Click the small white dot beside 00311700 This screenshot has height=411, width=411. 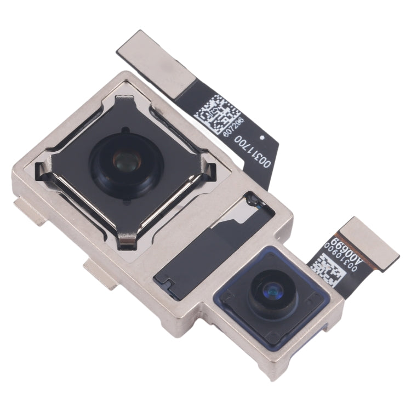coord(264,137)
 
